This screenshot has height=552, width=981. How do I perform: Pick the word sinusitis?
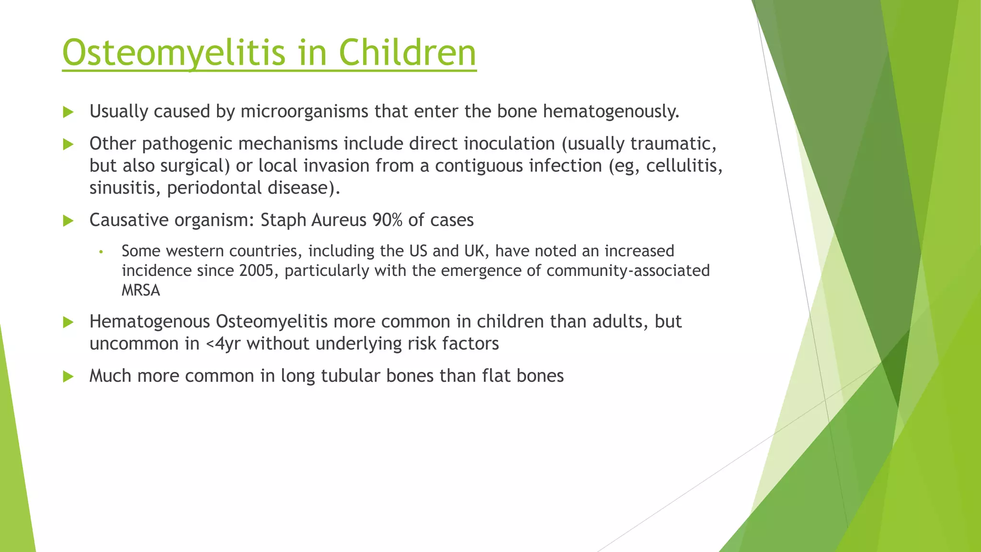tap(125, 188)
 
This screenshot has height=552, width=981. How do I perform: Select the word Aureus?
tap(339, 220)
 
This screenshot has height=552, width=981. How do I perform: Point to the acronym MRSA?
tap(141, 290)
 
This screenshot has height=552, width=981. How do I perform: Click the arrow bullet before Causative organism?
tap(68, 221)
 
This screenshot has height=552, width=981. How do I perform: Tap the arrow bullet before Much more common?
tap(68, 377)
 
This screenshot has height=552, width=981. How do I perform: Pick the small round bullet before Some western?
tap(101, 252)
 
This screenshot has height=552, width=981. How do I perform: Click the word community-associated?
tap(628, 271)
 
